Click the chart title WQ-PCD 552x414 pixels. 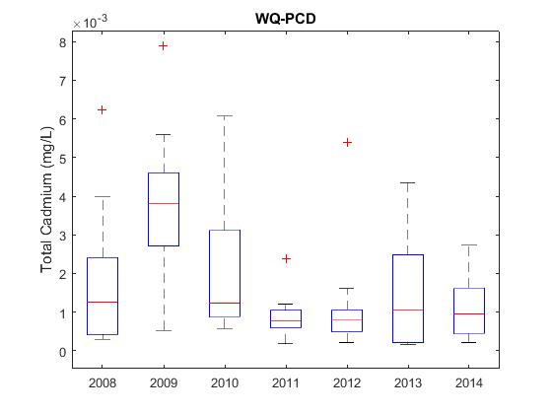[x=286, y=19]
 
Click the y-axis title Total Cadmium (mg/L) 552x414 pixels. [x=46, y=199]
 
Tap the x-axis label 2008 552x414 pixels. [x=103, y=382]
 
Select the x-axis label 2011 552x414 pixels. [x=286, y=382]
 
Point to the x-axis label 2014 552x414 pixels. [x=469, y=382]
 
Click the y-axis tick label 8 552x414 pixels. [x=63, y=42]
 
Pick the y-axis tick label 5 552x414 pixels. [x=63, y=158]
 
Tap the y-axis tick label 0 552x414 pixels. [x=63, y=351]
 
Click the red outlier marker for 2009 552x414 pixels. [x=163, y=45]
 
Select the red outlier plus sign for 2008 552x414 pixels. [x=102, y=110]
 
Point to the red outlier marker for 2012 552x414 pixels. [x=347, y=143]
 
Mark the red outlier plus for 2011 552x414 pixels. [x=286, y=258]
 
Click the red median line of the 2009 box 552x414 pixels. [x=164, y=203]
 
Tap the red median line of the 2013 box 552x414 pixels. [x=408, y=310]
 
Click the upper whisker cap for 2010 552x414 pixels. [x=225, y=115]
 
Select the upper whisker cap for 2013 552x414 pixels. [x=408, y=183]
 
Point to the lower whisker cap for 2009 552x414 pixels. [x=164, y=330]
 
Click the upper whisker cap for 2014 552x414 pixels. [x=469, y=245]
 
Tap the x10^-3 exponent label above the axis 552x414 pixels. [x=90, y=22]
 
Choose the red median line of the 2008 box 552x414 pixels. [x=103, y=302]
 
